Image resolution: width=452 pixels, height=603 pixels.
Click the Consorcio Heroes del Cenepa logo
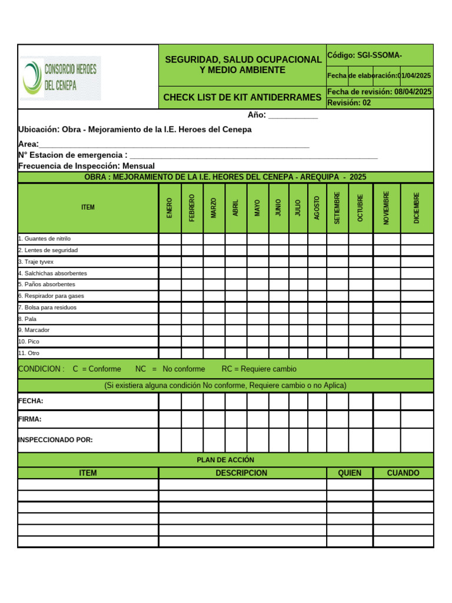point(61,78)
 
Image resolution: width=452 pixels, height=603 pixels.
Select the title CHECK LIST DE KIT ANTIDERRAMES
point(242,97)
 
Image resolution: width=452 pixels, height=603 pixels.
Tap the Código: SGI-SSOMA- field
point(365,55)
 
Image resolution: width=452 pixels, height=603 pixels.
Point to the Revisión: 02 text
point(349,103)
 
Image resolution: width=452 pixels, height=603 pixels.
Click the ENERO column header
point(169,208)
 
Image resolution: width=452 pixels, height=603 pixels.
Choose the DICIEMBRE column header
point(417,208)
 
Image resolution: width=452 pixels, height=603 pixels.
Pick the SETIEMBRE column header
point(337,208)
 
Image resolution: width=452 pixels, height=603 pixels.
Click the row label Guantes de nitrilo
point(45,239)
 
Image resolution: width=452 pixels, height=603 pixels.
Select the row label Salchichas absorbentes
point(52,273)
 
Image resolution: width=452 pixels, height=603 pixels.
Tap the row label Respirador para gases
point(51,296)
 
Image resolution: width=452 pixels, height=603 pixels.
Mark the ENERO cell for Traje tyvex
point(169,262)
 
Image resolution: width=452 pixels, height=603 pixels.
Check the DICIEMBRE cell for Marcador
point(417,330)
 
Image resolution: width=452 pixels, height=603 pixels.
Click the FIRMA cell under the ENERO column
point(169,419)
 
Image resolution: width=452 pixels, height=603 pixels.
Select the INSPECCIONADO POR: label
point(55,440)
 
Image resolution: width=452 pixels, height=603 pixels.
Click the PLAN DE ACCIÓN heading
point(225,460)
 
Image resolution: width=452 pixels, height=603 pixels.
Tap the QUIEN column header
point(350,473)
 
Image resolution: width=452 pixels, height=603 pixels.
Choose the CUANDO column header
point(403,473)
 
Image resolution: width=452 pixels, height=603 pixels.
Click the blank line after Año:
point(293,116)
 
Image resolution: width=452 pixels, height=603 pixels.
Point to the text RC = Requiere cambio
point(259,369)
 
